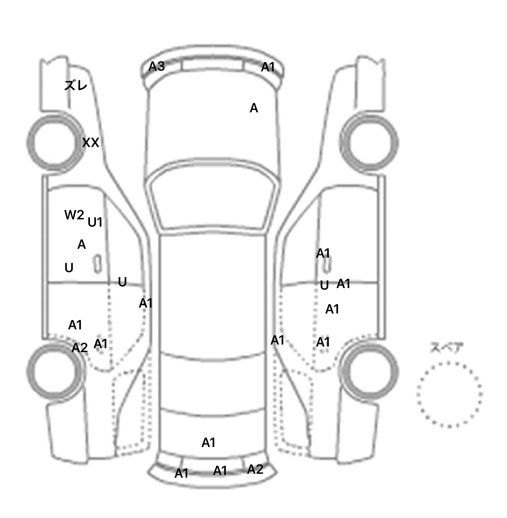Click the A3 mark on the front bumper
pyautogui.click(x=156, y=66)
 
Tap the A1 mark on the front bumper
pyautogui.click(x=268, y=67)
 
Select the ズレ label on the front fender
pyautogui.click(x=76, y=86)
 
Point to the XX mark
pyautogui.click(x=90, y=143)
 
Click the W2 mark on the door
pyautogui.click(x=74, y=215)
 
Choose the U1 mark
pyautogui.click(x=95, y=222)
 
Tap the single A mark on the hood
pyautogui.click(x=253, y=108)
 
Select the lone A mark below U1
pyautogui.click(x=82, y=244)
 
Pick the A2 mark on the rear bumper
pyautogui.click(x=255, y=469)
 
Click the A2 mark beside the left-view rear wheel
pyautogui.click(x=80, y=348)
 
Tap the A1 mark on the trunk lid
pyautogui.click(x=208, y=442)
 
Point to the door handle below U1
pyautogui.click(x=97, y=264)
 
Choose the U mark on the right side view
pyautogui.click(x=324, y=285)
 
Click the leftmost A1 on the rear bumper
pyautogui.click(x=181, y=473)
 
